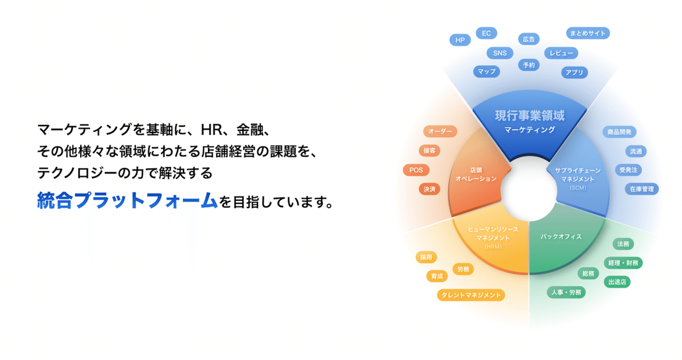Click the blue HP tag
[x=459, y=40]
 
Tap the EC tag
[x=486, y=33]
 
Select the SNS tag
[x=500, y=53]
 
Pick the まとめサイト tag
[x=588, y=33]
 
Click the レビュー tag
[x=561, y=53]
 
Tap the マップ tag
[x=486, y=72]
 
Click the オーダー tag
[x=440, y=132]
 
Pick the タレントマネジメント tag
[x=471, y=295]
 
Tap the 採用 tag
[x=426, y=257]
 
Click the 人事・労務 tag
[x=566, y=292]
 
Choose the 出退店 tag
[x=617, y=282]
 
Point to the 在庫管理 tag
[x=641, y=189]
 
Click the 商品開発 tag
[x=619, y=132]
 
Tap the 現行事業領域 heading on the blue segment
[x=530, y=116]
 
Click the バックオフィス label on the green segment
[x=561, y=237]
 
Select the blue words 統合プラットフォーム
[x=127, y=201]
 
